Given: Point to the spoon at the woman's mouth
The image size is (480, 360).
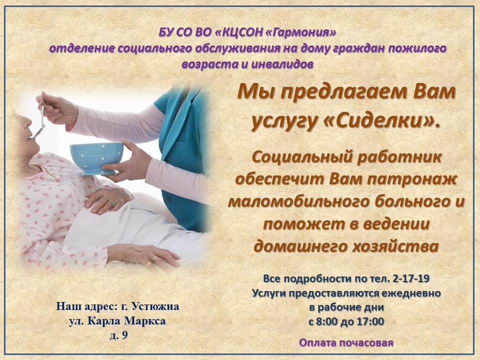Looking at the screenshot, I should coord(39,120).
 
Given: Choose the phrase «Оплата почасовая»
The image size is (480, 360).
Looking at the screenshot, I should coord(346,343).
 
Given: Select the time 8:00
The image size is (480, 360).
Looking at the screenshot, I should coord(328,321).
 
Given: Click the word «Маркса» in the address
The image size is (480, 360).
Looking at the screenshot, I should coord(145,320).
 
